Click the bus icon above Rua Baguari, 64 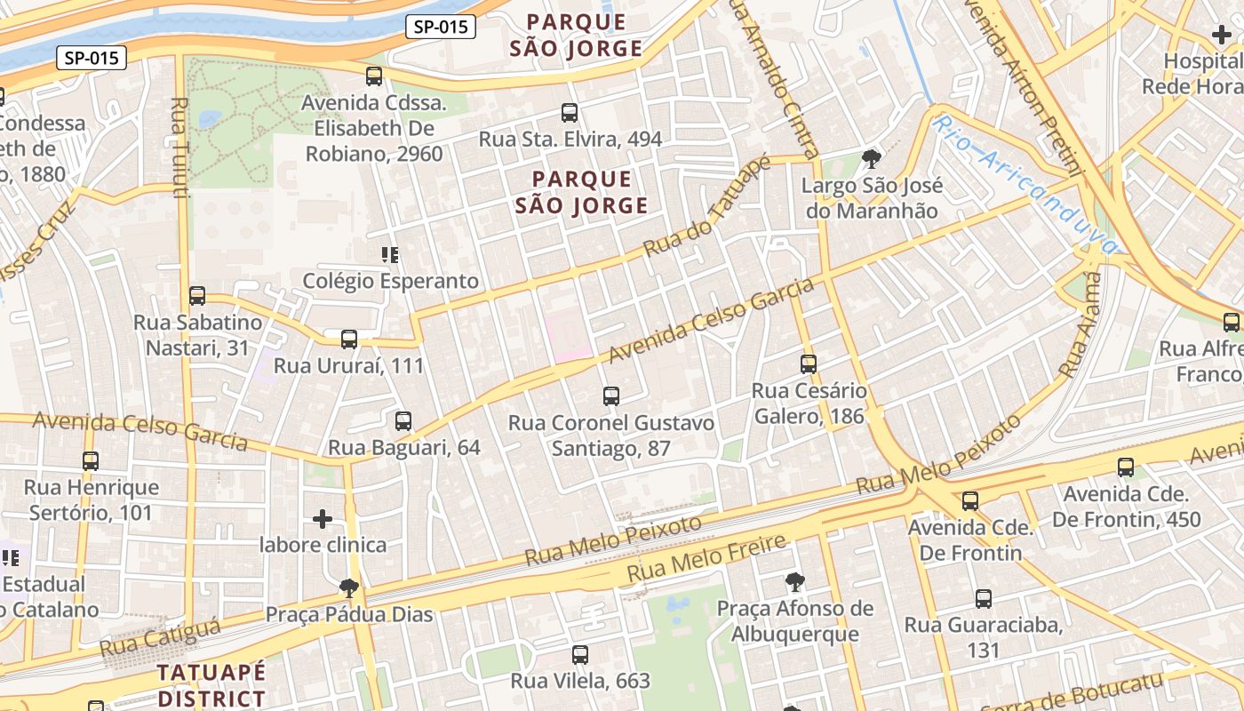pos(403,420)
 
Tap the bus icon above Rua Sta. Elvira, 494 pos(570,113)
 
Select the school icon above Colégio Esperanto pos(389,255)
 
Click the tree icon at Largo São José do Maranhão pos(871,159)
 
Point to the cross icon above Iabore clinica pos(323,518)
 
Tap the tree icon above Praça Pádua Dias pos(349,587)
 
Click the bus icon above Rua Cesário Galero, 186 pos(808,363)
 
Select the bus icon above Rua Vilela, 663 pos(580,655)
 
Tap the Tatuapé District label pos(211,684)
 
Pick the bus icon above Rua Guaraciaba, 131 pos(983,598)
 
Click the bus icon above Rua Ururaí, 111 pos(349,339)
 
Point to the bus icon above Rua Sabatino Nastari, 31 pos(197,296)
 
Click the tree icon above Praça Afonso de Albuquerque pos(795,582)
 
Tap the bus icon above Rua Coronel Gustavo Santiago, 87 pos(610,396)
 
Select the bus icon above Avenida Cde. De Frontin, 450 pos(1126,467)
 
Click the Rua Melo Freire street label pos(707,557)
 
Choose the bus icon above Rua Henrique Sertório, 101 pos(91,460)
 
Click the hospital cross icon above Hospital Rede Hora pos(1222,36)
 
